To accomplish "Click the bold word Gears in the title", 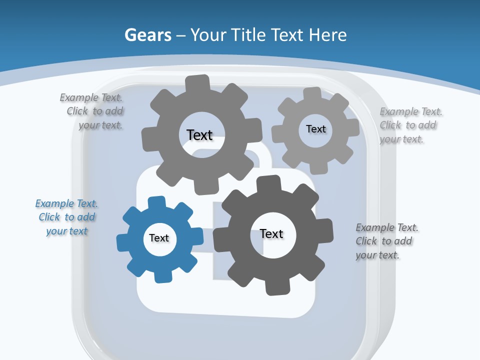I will coord(147,35).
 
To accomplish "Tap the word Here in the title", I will coord(328,35).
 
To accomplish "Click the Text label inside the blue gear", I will coord(159,238).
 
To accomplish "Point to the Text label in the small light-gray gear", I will coord(315,129).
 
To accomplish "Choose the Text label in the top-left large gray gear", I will coord(199,135).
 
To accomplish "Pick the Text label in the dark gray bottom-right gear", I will coord(271,234).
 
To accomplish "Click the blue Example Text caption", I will coord(67,217).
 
